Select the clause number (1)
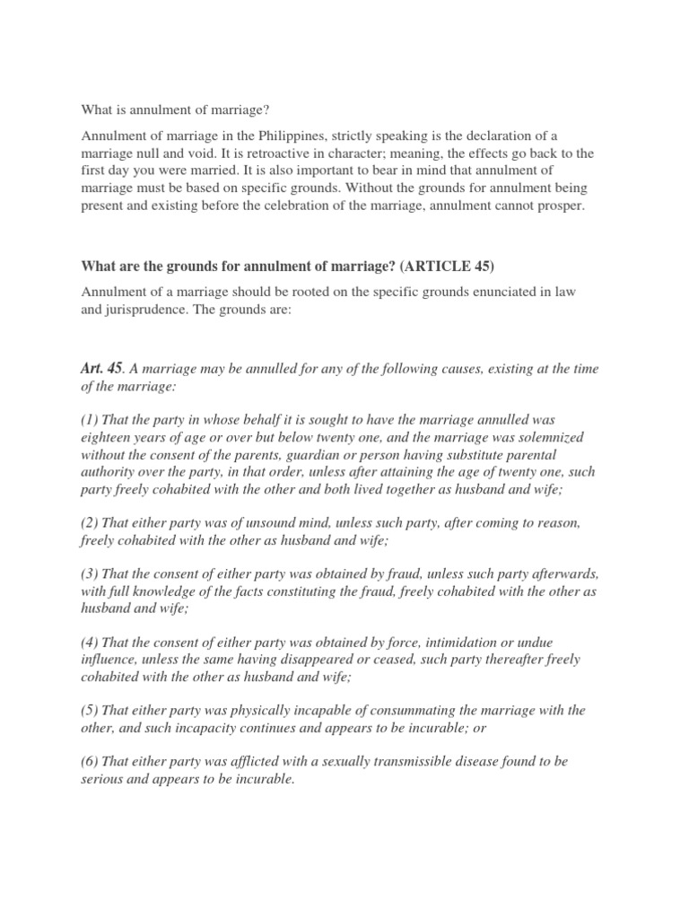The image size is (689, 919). [90, 420]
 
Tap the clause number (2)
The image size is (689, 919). [90, 521]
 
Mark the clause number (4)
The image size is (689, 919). [90, 642]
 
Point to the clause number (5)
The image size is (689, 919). [90, 710]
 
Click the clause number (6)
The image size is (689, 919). [90, 761]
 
